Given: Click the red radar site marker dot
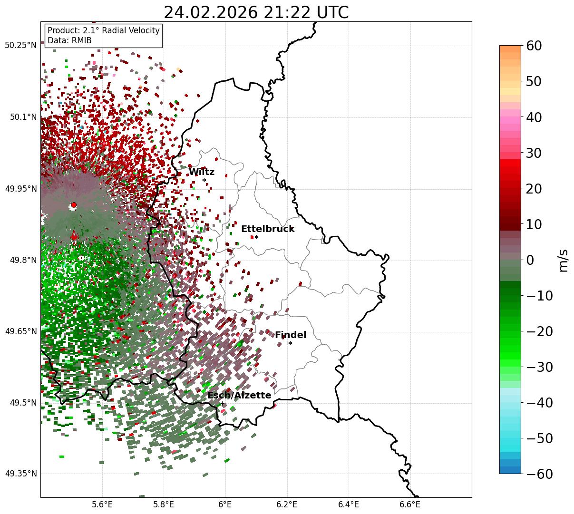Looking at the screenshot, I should pyautogui.click(x=74, y=205).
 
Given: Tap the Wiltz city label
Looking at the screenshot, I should pyautogui.click(x=202, y=172).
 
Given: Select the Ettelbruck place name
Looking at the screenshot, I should pyautogui.click(x=268, y=229).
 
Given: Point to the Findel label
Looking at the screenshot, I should pyautogui.click(x=291, y=335).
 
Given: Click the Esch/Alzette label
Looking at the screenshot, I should pyautogui.click(x=239, y=396).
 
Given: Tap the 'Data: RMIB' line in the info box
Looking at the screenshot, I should pyautogui.click(x=69, y=41).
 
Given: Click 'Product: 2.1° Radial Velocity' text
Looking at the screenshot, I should pyautogui.click(x=104, y=30).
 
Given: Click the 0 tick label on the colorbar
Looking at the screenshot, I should pyautogui.click(x=530, y=260).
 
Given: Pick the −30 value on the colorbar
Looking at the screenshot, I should pyautogui.click(x=540, y=367).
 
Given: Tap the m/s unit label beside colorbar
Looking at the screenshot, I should pyautogui.click(x=564, y=260).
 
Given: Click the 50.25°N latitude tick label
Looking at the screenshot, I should pyautogui.click(x=20, y=46).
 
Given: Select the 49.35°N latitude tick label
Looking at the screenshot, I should pyautogui.click(x=20, y=474).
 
